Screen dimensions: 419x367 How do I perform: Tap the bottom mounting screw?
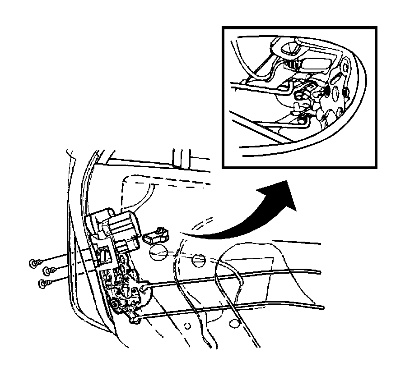[43, 283]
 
